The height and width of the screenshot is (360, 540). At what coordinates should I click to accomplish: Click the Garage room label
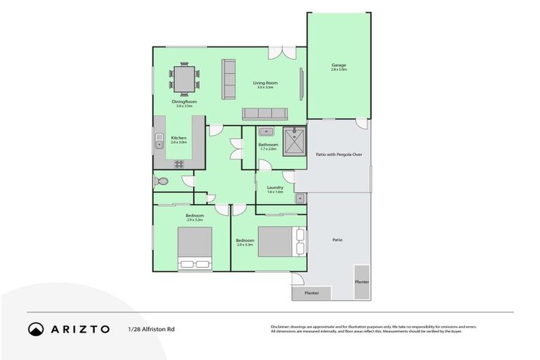[339, 65]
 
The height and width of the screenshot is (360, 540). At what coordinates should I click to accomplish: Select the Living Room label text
[266, 83]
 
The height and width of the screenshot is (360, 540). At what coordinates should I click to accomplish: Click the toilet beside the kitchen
[161, 181]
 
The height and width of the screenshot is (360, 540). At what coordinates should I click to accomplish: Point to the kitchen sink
[159, 145]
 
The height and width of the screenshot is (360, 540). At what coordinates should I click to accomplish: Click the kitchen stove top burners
[179, 164]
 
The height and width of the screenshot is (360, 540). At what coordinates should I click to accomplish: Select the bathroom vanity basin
[266, 131]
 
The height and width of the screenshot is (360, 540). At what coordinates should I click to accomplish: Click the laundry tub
[298, 199]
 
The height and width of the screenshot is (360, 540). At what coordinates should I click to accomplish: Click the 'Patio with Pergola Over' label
[339, 154]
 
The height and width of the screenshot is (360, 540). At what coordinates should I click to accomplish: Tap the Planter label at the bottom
[311, 292]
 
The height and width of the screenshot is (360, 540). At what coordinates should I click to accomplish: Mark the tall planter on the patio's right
[362, 282]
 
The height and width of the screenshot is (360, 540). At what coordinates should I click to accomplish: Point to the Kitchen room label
[179, 138]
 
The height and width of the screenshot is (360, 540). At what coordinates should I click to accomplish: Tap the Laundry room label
[275, 188]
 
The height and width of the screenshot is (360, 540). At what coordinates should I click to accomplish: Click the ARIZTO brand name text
[80, 328]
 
